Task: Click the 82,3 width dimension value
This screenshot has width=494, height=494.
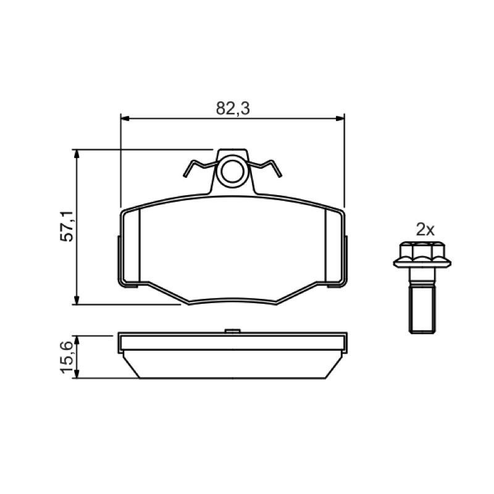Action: (233, 109)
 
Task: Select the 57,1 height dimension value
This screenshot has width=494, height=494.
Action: (67, 226)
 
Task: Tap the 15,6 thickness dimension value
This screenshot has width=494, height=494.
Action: (67, 357)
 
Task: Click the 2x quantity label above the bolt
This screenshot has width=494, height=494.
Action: (425, 230)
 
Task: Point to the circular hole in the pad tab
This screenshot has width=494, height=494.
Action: (233, 172)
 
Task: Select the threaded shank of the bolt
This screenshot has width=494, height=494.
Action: (422, 308)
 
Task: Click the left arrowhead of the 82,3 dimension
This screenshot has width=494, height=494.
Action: (125, 119)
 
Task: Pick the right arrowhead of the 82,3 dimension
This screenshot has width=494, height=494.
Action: (340, 119)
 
